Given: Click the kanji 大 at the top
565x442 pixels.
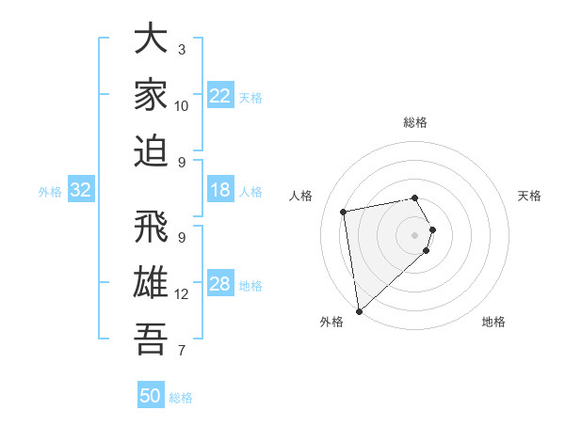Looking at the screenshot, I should (151, 39).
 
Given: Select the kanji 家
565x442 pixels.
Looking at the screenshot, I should (151, 94).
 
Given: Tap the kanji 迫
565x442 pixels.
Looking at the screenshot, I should (151, 150).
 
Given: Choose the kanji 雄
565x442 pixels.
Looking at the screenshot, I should (151, 282).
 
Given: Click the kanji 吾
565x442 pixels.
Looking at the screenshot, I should (151, 338).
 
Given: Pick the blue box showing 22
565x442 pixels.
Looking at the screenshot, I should (220, 96).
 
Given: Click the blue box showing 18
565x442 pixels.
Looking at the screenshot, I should (220, 191).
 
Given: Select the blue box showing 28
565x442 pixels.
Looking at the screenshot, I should (220, 285).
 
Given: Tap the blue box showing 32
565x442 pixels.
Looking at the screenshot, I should (81, 191).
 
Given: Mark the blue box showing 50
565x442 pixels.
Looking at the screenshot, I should (151, 396).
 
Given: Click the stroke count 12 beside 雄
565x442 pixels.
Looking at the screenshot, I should (182, 294).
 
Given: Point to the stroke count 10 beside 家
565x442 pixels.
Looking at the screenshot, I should (182, 106).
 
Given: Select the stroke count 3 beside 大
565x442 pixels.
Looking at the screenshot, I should (182, 50).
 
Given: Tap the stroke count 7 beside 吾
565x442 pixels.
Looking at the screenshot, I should (182, 351).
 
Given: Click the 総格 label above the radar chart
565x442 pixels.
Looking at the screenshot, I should (415, 122).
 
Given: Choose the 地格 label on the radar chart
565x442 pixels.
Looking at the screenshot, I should (493, 322).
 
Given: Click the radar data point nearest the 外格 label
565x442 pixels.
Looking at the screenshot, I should (359, 310).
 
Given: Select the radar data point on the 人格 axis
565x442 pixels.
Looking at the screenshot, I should (344, 212).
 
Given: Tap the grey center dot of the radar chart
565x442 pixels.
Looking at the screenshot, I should (415, 234).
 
